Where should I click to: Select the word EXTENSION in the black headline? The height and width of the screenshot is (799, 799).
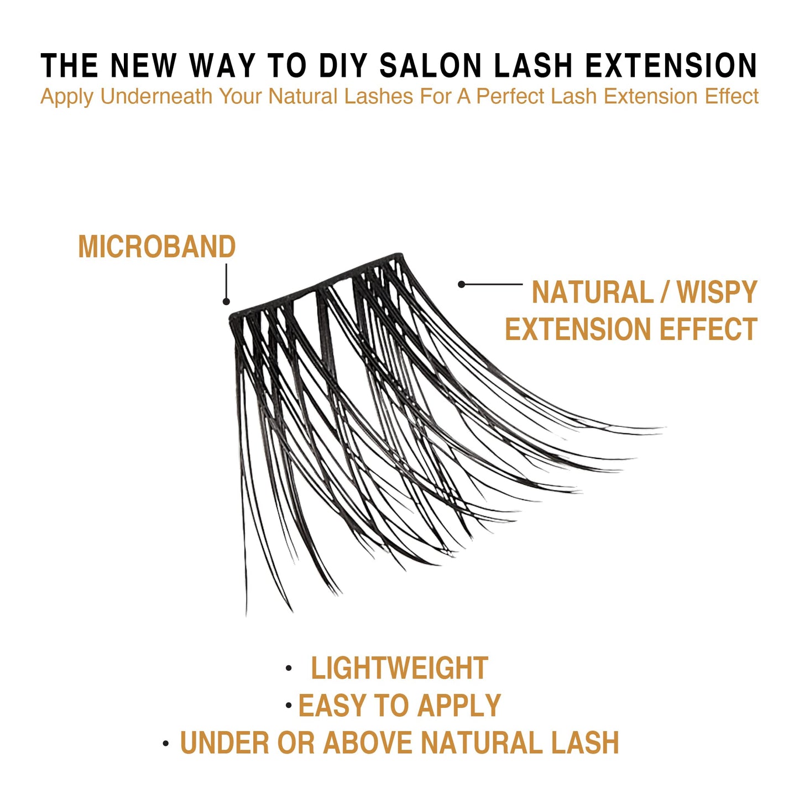click(671, 66)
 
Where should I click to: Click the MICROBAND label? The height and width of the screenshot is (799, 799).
click(157, 247)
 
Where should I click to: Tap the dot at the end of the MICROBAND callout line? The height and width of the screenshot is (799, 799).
click(226, 301)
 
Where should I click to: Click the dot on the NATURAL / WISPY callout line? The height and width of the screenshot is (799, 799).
click(461, 284)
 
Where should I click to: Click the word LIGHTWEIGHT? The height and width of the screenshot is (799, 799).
click(399, 668)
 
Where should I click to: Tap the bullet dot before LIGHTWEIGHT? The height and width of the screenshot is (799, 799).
click(289, 669)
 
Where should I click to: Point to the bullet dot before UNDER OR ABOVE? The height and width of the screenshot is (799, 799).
click(166, 744)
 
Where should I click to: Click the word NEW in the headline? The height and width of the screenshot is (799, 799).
click(143, 66)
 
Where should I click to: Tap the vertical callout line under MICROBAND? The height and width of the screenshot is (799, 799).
click(226, 281)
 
